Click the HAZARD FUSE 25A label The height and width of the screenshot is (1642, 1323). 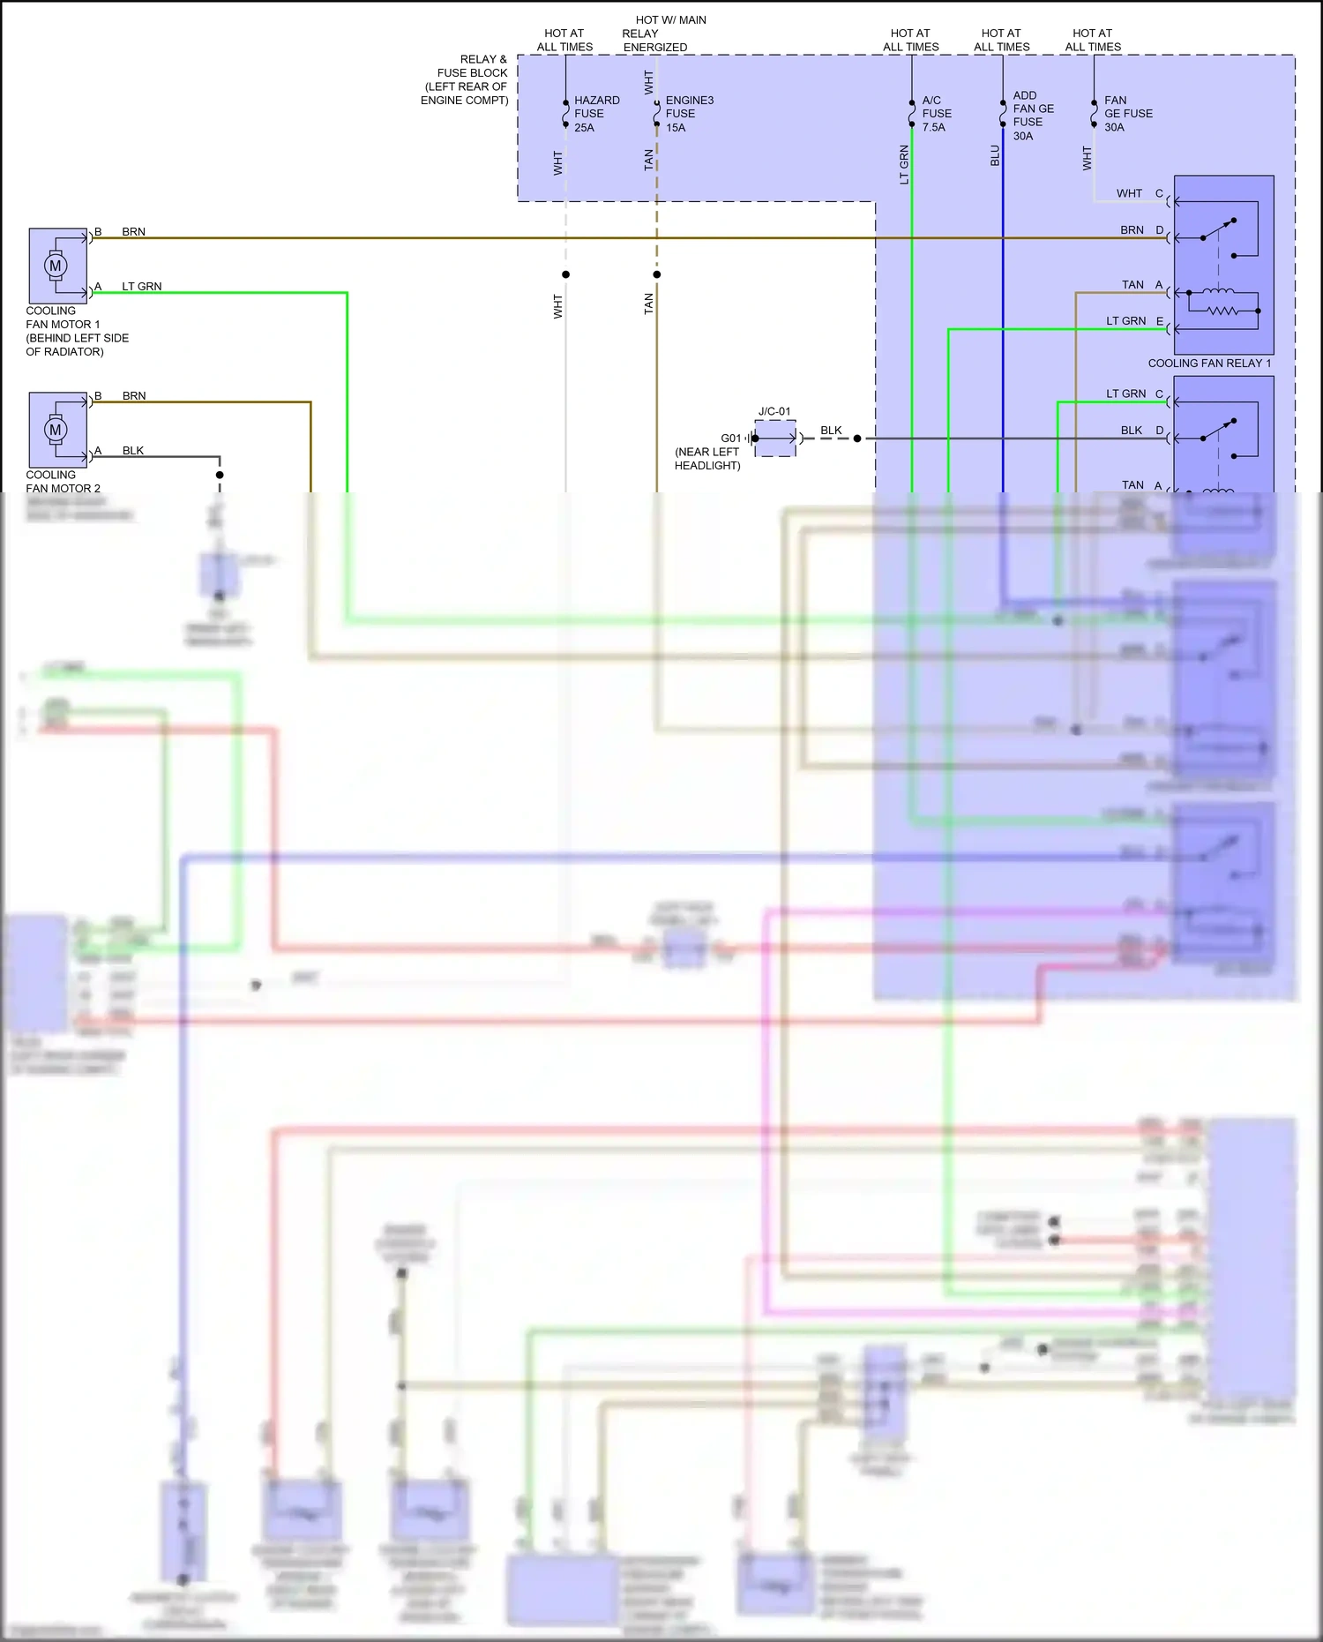595,114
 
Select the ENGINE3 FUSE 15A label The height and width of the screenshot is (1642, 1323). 688,114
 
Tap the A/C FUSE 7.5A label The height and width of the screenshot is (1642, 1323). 936,114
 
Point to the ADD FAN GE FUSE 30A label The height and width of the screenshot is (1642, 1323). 1033,116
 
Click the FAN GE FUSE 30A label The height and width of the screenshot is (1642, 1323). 1127,114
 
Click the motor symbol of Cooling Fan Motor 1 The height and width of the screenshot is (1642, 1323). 56,266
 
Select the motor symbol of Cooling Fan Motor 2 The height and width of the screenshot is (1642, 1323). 56,430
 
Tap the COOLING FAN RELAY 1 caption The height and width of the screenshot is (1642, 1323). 1209,364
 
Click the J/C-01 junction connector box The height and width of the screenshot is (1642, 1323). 775,439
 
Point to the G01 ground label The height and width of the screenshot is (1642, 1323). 730,439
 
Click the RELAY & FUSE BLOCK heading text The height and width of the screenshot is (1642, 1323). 465,79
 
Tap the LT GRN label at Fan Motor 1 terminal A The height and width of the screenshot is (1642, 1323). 142,287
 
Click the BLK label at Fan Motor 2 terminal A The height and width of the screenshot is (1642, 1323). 133,451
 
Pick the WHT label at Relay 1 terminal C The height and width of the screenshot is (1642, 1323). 1129,193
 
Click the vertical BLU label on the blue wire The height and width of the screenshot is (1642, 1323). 995,156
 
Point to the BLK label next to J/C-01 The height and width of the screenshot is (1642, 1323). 831,431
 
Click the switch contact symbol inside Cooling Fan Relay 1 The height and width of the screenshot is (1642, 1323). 1218,229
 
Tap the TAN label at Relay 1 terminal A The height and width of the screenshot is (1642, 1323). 1132,285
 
